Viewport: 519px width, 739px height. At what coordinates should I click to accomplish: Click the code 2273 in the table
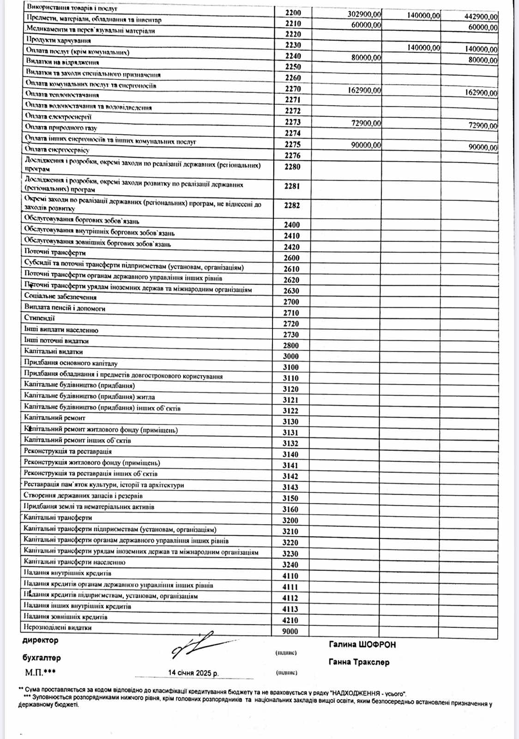point(293,122)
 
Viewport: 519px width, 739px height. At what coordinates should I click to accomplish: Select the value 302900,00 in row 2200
point(364,14)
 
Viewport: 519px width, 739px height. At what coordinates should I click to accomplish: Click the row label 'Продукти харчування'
point(59,41)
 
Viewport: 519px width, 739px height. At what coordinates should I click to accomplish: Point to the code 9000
point(290,631)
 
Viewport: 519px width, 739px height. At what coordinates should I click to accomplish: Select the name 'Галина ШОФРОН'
point(362,644)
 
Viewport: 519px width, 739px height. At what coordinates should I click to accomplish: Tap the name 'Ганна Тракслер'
point(359,662)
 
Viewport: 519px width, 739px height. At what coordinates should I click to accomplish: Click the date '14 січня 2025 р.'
point(193,672)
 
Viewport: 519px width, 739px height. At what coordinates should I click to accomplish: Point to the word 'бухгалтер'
point(42,658)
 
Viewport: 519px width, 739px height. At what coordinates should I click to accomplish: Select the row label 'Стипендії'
point(40,318)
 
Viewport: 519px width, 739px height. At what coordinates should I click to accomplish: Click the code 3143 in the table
point(290,487)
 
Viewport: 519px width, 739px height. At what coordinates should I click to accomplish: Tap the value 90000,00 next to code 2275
point(366,145)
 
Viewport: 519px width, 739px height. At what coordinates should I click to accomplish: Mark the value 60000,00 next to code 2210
point(366,25)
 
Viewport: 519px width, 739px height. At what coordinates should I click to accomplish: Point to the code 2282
point(292,206)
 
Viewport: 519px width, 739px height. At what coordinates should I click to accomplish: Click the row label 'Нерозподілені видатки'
point(58,628)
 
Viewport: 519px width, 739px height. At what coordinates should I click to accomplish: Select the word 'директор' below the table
point(41,640)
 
